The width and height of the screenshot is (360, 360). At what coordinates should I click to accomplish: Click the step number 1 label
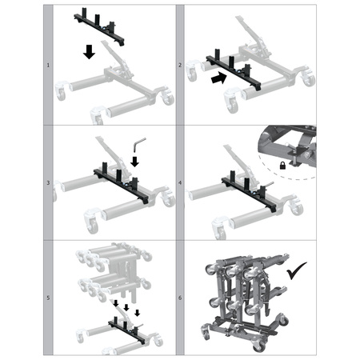[48, 65]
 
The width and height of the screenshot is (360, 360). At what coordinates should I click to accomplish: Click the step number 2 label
[180, 65]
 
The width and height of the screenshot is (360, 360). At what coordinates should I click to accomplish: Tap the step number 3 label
[48, 183]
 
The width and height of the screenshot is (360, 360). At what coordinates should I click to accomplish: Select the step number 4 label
[180, 183]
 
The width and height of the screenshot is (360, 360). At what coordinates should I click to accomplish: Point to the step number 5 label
[48, 298]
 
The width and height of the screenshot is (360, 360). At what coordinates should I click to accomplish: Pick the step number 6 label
[180, 298]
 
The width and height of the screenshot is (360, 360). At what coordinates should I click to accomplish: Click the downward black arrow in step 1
[89, 52]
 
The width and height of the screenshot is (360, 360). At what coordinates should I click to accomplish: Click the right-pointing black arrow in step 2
[218, 78]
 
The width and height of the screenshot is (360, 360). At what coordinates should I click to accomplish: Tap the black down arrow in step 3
[135, 162]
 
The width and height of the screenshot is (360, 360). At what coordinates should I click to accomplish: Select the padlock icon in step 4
[282, 166]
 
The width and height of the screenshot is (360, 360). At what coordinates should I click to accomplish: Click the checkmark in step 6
[296, 270]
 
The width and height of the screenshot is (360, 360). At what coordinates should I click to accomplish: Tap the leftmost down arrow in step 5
[116, 303]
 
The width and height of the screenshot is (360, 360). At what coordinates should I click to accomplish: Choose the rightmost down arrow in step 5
[138, 313]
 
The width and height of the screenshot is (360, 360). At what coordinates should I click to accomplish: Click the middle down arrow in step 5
[126, 307]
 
